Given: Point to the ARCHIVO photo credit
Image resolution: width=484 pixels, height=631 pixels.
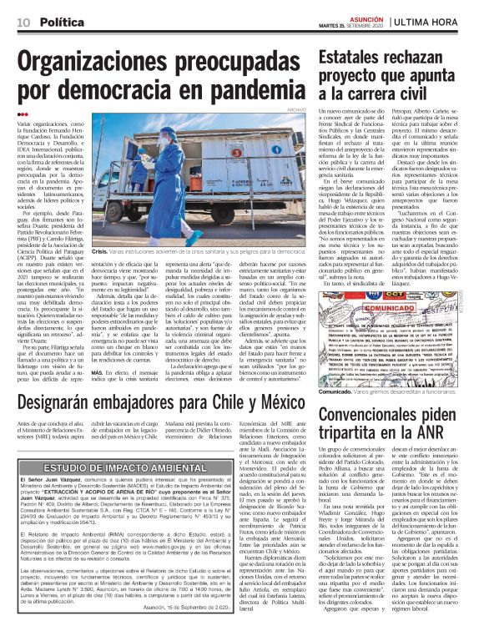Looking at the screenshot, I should [x=298, y=109].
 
